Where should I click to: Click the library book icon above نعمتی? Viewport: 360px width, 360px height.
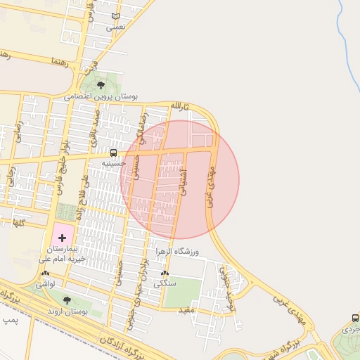[x=115, y=16]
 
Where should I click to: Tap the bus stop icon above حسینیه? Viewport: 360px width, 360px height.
[x=113, y=153]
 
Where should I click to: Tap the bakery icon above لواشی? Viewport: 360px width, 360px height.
[x=46, y=273]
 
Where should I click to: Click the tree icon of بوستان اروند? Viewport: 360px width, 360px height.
[x=67, y=300]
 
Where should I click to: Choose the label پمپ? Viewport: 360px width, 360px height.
[x=9, y=320]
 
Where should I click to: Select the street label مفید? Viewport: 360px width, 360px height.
[x=186, y=309]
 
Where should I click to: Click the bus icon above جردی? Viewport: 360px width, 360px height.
[x=354, y=318]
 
